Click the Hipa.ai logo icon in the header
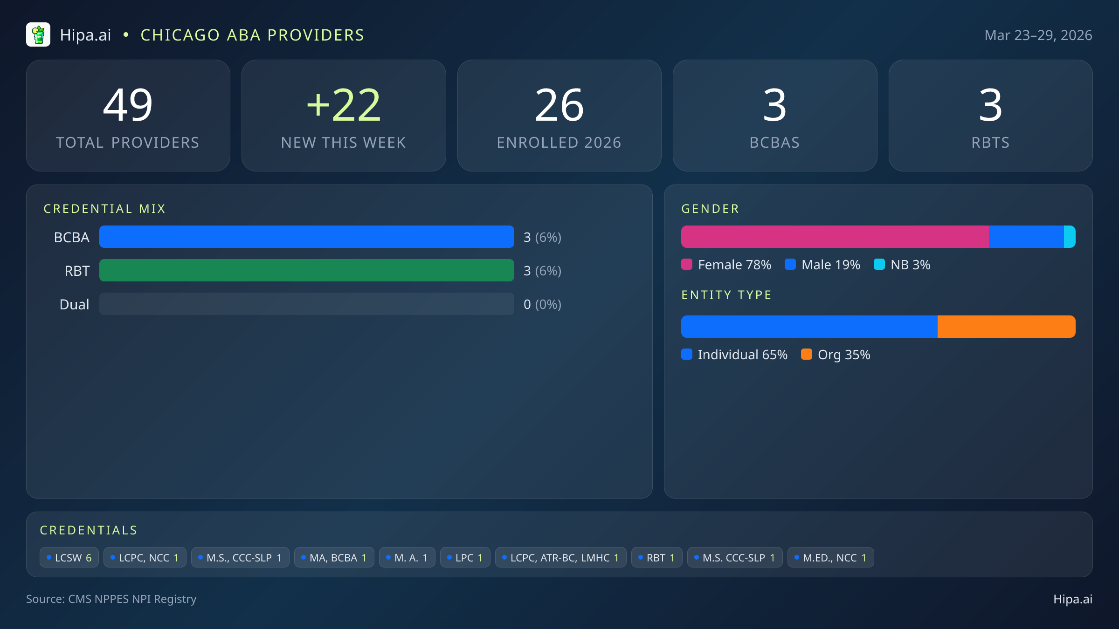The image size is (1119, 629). click(38, 35)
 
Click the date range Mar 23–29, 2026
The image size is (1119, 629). click(1038, 35)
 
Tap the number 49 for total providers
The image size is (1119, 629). click(128, 105)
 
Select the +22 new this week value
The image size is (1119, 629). click(344, 105)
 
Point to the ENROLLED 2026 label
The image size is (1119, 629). click(559, 143)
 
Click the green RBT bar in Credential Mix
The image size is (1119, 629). click(306, 270)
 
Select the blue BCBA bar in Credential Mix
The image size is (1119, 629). click(306, 237)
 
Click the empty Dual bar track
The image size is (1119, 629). click(306, 304)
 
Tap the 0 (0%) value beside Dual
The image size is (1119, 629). click(542, 304)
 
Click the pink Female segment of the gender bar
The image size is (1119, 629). click(835, 237)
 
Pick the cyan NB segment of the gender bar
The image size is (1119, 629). click(1070, 237)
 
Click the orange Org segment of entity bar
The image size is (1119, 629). click(1006, 327)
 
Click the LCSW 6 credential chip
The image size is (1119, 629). click(69, 558)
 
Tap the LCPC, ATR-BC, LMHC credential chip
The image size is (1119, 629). click(560, 558)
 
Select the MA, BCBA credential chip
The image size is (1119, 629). click(334, 558)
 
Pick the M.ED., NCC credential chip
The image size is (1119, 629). click(830, 558)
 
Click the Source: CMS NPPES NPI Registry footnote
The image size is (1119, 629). click(111, 599)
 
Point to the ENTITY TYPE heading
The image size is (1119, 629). click(726, 295)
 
